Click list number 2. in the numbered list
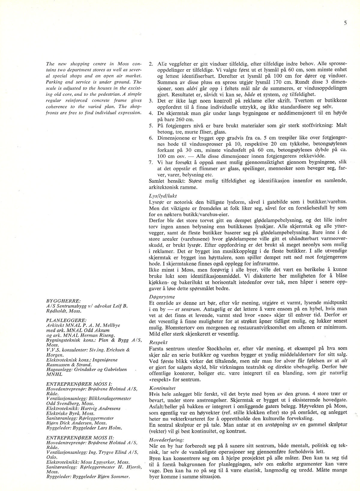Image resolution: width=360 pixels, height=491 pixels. pos(151,64)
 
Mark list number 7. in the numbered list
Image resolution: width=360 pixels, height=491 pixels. pos(151,162)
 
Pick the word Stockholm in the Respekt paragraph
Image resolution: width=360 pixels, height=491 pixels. pos(220,348)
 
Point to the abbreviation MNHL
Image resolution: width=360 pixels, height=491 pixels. pos(54,374)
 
